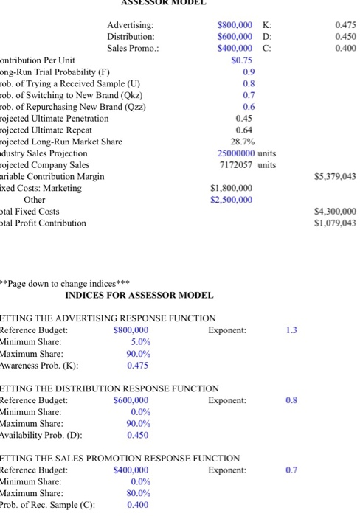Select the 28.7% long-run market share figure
pyautogui.click(x=243, y=141)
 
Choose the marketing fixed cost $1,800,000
pyautogui.click(x=232, y=188)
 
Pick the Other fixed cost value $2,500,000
pyautogui.click(x=232, y=200)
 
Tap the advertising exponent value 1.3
pyautogui.click(x=291, y=330)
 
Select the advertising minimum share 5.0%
pyautogui.click(x=140, y=341)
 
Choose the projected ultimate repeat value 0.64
pyautogui.click(x=245, y=130)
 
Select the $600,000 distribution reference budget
pyautogui.click(x=131, y=400)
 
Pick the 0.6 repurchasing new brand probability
pyautogui.click(x=248, y=106)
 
